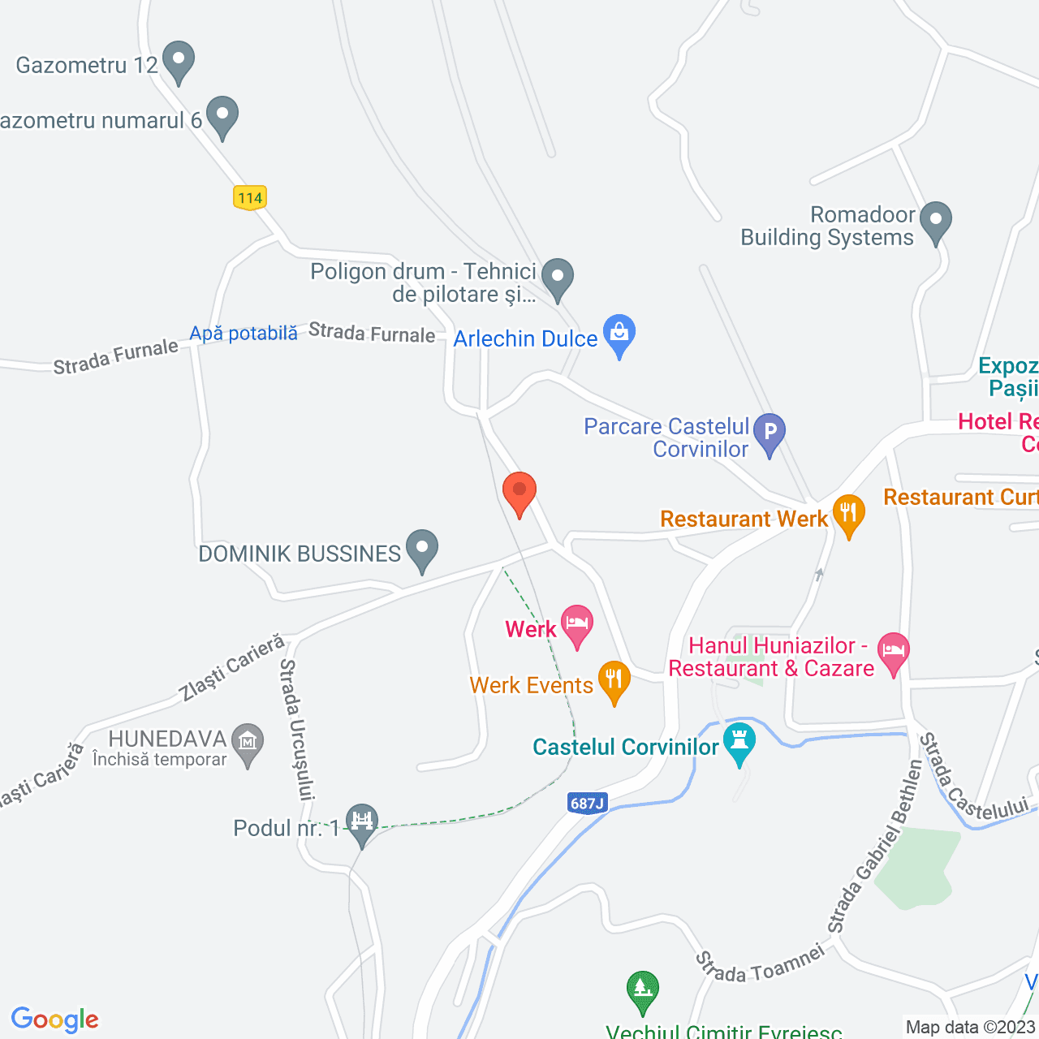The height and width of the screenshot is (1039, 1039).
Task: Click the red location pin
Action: [519, 492]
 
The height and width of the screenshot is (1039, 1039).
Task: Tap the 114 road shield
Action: [250, 197]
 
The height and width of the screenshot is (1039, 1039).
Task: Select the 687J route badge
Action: [587, 804]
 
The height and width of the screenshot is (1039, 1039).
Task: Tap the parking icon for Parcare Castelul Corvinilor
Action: [770, 432]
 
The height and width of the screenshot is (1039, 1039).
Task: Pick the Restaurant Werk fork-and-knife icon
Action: [848, 514]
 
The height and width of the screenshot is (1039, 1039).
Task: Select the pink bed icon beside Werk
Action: [577, 624]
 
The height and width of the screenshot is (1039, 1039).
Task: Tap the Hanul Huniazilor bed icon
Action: [893, 652]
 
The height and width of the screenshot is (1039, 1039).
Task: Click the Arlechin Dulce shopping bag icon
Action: [619, 334]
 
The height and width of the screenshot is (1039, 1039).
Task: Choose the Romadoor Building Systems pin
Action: [936, 221]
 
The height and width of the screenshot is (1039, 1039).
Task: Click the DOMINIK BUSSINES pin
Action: [421, 549]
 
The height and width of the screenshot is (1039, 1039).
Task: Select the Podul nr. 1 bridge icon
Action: [362, 822]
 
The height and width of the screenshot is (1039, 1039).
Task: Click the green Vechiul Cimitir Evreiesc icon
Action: [642, 990]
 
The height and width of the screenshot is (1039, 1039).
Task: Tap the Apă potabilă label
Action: [244, 334]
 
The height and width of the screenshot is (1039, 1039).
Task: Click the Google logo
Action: [54, 1020]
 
